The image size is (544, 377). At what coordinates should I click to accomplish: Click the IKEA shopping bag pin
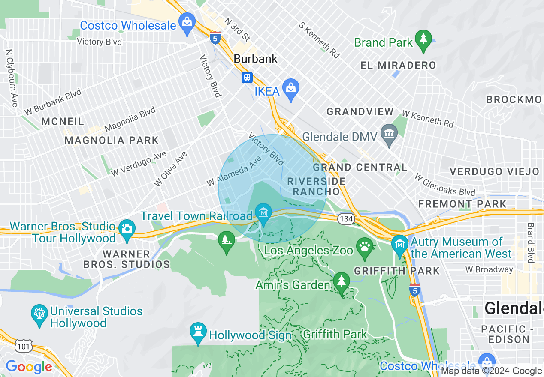click(291, 89)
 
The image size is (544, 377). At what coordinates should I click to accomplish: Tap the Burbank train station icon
click(247, 77)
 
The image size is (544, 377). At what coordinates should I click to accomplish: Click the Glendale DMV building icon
click(389, 134)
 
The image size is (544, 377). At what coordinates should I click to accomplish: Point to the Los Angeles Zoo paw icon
click(365, 248)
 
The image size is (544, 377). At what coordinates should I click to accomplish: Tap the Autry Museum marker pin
click(400, 245)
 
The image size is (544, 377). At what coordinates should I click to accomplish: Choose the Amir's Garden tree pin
click(342, 282)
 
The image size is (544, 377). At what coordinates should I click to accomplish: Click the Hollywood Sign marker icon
click(198, 332)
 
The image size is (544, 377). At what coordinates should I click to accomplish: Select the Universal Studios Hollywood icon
click(39, 314)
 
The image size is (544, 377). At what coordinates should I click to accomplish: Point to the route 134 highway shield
click(345, 219)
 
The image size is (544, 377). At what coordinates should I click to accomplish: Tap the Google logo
click(29, 367)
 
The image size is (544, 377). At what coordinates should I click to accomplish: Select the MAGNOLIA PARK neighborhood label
click(112, 141)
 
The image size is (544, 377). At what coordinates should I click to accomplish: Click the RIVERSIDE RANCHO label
click(317, 186)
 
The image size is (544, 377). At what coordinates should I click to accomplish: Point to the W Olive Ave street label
click(171, 169)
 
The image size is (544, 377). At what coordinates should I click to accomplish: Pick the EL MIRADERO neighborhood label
click(398, 66)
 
